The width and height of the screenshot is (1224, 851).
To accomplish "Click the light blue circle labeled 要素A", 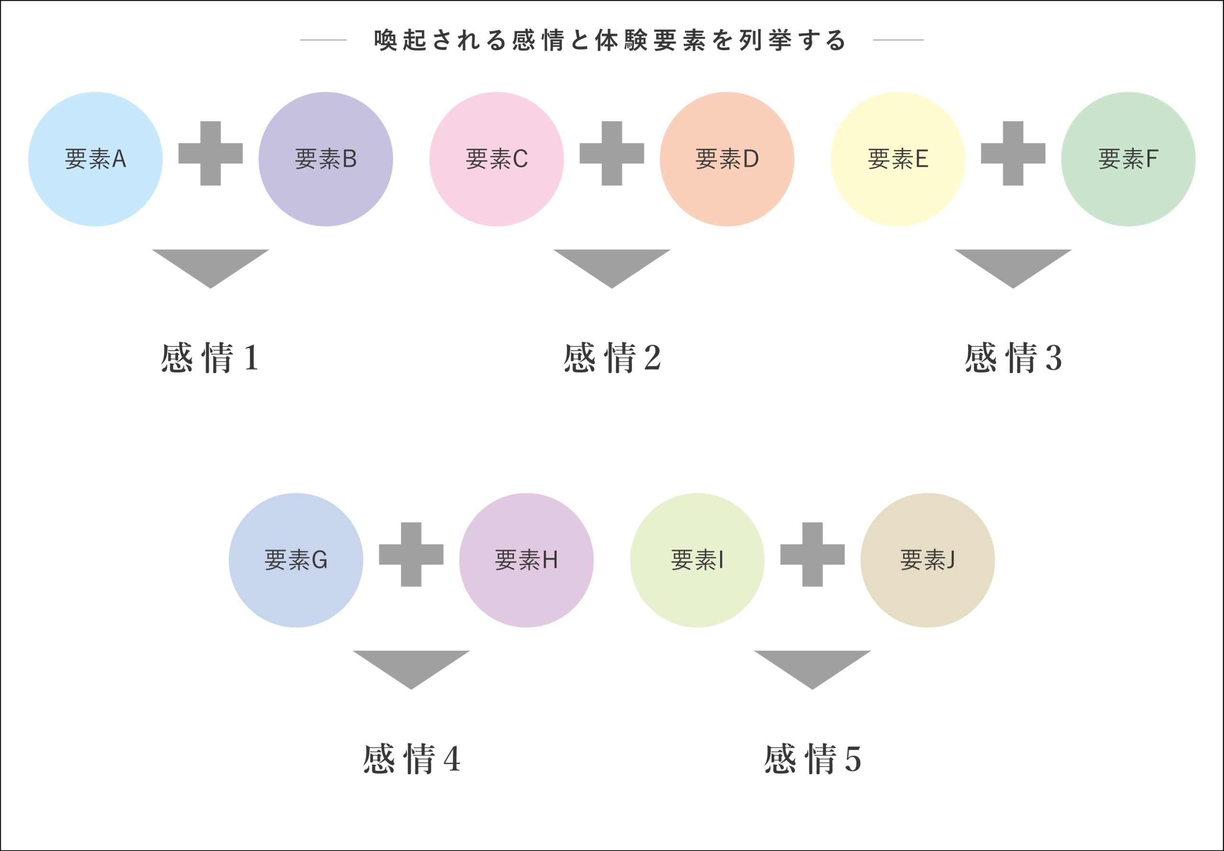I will [96, 159].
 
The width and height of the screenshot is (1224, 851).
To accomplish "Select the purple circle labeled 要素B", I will [326, 159].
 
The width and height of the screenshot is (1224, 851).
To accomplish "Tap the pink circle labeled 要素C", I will [496, 159].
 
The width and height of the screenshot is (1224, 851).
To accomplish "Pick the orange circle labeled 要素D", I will [727, 159].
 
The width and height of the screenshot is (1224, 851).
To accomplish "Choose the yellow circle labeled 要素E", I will [898, 159].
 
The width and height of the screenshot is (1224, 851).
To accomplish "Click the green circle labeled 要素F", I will [1128, 159].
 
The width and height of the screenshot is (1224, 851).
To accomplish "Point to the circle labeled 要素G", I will [296, 560].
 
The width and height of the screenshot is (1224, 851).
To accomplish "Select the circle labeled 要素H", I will [526, 560].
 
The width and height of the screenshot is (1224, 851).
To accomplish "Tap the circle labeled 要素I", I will [697, 560].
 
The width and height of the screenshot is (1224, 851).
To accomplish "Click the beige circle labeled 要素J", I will [928, 560].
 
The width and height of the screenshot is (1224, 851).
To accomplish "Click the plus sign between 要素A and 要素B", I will [210, 153].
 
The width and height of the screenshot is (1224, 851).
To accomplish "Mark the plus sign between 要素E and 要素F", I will [1013, 153].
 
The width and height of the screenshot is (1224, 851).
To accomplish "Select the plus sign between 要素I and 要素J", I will [812, 554].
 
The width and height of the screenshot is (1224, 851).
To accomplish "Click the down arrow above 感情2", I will [612, 265].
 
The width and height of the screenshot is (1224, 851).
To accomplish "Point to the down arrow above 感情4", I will [411, 666].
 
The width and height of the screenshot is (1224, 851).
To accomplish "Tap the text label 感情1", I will [210, 357].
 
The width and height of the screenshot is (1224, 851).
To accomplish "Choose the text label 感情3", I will [1013, 357].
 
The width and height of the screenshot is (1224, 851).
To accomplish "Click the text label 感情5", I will [812, 759].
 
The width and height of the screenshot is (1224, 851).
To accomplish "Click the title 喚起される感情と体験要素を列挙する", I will [611, 41].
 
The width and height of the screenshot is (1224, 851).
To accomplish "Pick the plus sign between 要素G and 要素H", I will [411, 554].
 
